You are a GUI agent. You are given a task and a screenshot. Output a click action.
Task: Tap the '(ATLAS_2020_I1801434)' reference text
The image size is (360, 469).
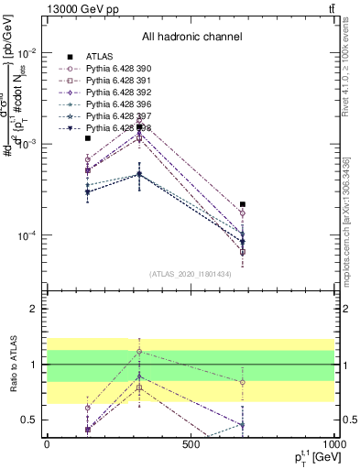[x=191, y=274]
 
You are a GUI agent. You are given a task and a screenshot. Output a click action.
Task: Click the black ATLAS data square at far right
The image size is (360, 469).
[x=243, y=205]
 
